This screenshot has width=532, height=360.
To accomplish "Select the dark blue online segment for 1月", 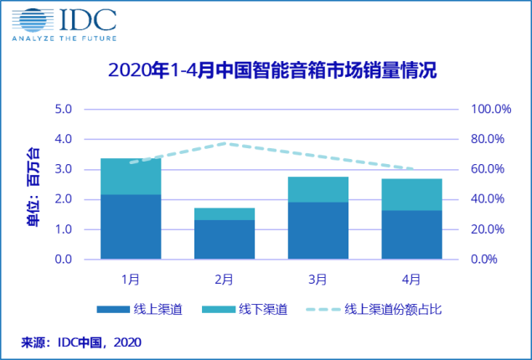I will [x=131, y=226].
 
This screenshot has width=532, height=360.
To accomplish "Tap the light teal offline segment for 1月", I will [x=131, y=177].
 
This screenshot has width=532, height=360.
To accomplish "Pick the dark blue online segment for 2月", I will [x=225, y=239].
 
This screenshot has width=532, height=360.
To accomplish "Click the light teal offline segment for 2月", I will [x=225, y=214].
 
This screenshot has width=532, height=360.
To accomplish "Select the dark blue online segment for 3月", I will [x=318, y=230].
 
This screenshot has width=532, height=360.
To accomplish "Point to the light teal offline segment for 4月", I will [x=411, y=194].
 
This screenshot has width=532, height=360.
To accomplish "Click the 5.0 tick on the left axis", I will [x=65, y=110].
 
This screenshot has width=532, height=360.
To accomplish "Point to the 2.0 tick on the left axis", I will [x=65, y=199].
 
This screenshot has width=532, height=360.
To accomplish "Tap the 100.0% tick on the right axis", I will [x=492, y=110].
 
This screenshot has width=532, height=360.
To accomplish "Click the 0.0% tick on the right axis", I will [x=485, y=260].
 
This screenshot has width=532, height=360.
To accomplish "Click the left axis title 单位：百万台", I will [x=33, y=185].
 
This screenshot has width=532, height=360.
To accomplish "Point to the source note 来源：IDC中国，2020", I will [x=81, y=342].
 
